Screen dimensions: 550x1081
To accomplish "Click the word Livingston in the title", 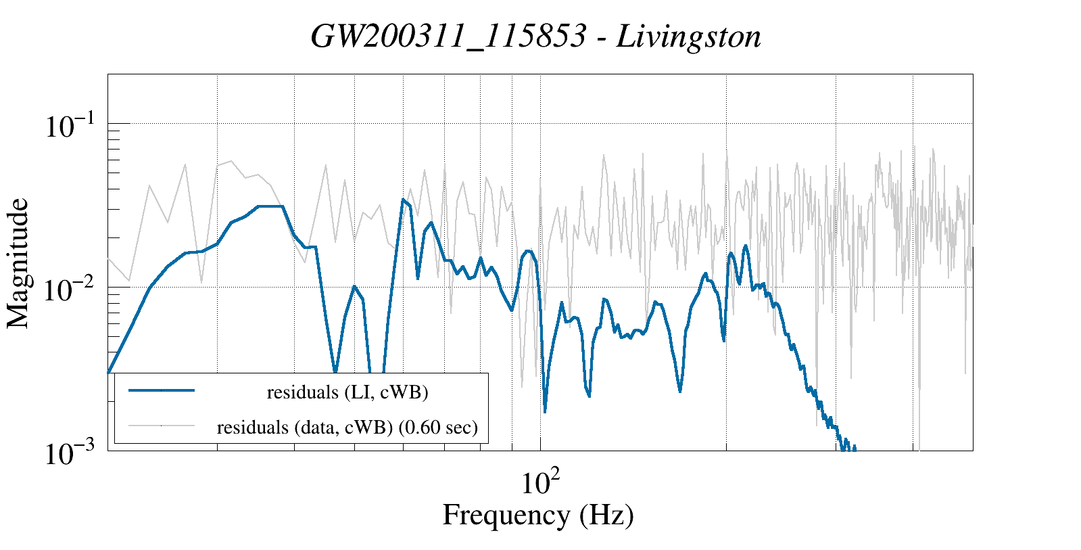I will [688, 37].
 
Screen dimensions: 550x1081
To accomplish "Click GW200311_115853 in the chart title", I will [448, 37].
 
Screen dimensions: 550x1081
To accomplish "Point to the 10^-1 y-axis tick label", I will [72, 126].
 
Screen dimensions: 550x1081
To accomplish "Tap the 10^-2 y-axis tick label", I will [72, 290].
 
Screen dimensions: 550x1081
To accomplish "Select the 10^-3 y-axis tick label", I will [72, 454].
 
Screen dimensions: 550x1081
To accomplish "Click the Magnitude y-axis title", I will [18, 263].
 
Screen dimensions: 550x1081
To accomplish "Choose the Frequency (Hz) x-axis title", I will [538, 515].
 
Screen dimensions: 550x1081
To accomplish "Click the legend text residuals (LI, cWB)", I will [347, 392].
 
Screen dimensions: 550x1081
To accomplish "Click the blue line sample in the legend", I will [162, 390].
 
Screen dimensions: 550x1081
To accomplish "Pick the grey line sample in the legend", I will [162, 426].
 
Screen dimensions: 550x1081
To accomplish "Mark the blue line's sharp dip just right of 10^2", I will [545, 410].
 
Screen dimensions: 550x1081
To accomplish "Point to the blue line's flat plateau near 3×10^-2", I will [270, 206].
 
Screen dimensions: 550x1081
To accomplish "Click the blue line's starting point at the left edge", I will [109, 372].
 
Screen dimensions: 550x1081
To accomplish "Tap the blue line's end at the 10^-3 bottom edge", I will [855, 448].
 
